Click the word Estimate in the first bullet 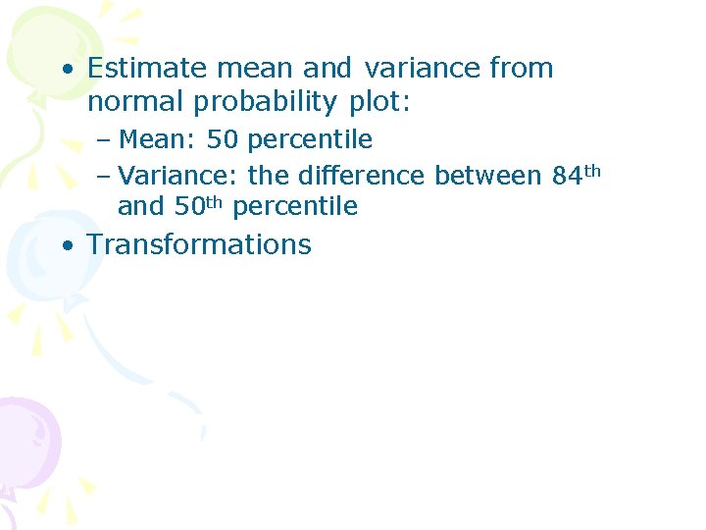click(x=144, y=69)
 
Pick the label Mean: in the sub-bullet click(x=157, y=140)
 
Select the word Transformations click(x=199, y=244)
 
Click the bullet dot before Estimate click(x=66, y=71)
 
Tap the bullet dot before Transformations click(x=66, y=246)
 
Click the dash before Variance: click(x=104, y=178)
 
